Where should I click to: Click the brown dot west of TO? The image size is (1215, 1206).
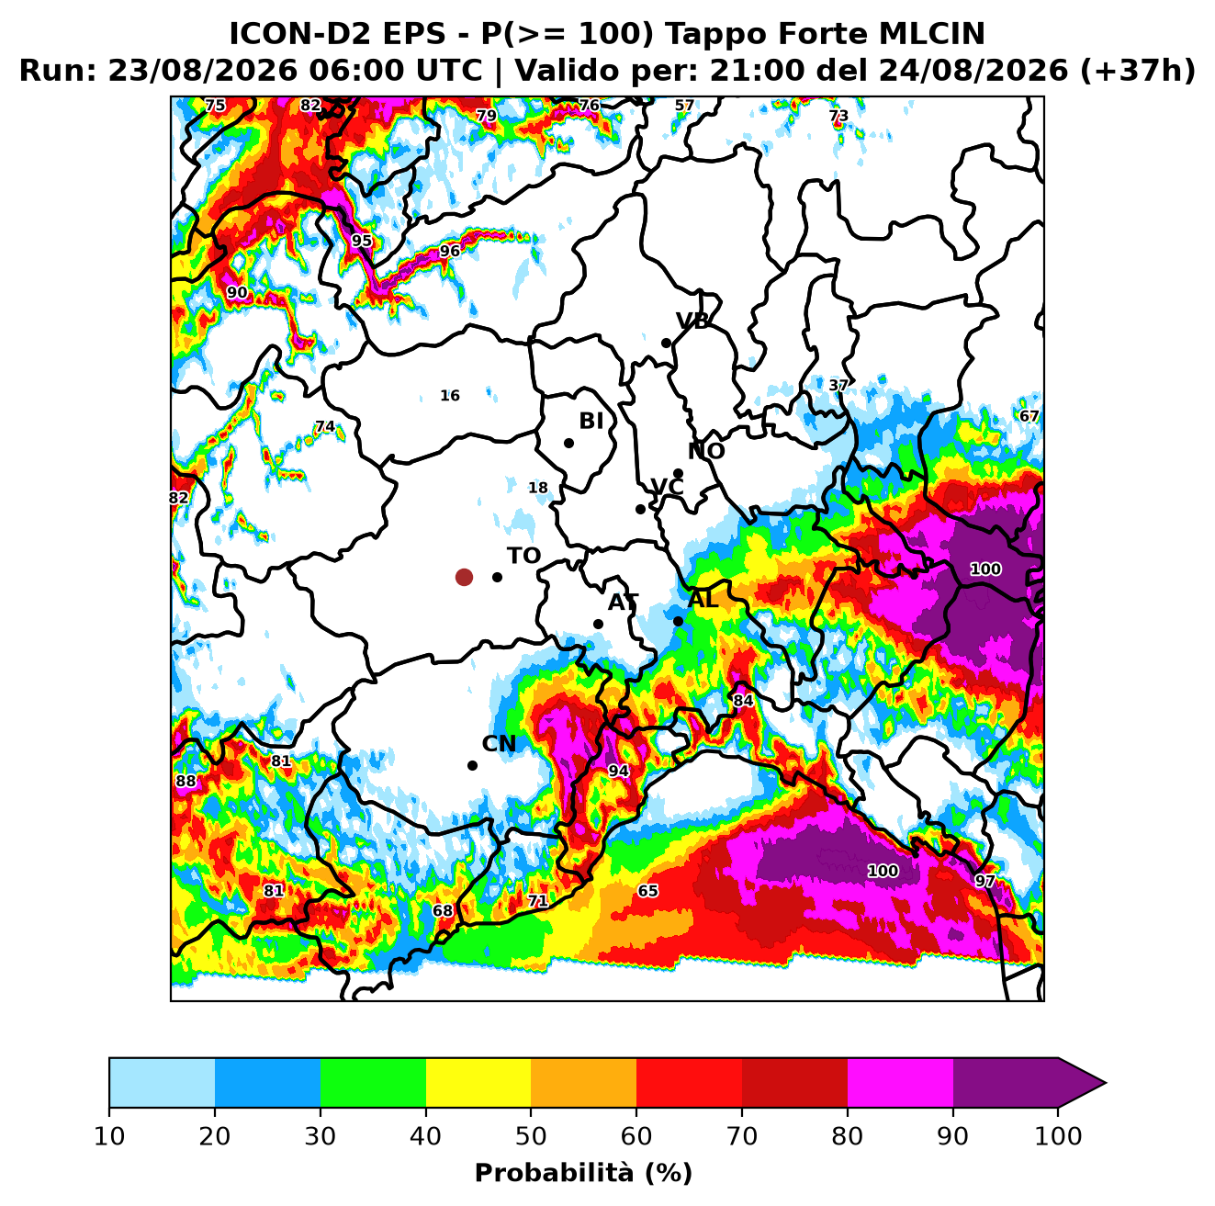pos(464,577)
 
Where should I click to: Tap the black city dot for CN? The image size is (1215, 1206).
pos(472,765)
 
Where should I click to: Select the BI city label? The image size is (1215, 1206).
pos(591,421)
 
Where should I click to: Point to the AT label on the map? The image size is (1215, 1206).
pos(623,603)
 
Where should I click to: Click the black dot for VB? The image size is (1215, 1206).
pos(666,343)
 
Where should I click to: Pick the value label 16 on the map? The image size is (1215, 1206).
pos(450,396)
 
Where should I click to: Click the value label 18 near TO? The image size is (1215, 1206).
pos(538,488)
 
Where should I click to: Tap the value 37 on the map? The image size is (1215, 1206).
pos(838,385)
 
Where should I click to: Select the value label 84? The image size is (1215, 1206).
pos(743,701)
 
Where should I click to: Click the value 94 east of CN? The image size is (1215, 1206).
pos(618,771)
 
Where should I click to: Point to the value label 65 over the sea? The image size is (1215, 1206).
pos(647,891)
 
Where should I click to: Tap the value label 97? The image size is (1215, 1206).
pos(984,881)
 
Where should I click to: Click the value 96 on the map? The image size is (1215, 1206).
pos(449,251)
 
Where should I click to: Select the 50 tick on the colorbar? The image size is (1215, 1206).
pos(531,1136)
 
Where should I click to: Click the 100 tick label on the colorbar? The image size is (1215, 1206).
pos(1058,1136)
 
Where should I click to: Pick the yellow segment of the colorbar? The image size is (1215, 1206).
pos(478,1083)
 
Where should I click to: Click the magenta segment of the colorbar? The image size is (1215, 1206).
pos(900,1083)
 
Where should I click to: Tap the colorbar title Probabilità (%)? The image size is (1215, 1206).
pos(583,1173)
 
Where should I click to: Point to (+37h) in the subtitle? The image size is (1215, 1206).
pos(1138,71)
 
